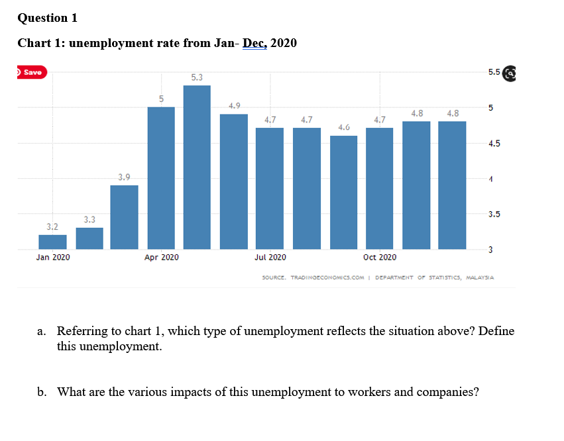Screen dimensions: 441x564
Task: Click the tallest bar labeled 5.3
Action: coord(197,167)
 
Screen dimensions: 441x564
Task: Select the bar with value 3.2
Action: coord(52,242)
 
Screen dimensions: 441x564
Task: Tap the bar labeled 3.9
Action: coord(125,217)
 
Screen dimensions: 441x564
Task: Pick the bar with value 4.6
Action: coord(343,192)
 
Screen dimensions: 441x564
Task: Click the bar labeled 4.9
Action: coord(233,181)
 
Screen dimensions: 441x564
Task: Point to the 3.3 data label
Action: coord(89,219)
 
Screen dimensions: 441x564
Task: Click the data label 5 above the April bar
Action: coord(161,99)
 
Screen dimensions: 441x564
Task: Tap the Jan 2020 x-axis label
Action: coord(53,257)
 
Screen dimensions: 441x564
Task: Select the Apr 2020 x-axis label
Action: coord(161,257)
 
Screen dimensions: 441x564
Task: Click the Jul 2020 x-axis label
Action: coord(270,257)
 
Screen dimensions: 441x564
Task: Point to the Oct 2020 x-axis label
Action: coord(380,257)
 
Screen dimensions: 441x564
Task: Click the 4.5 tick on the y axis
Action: coord(494,143)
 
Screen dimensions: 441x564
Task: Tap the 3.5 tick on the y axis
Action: coord(494,215)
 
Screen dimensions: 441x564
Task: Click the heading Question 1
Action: coord(48,18)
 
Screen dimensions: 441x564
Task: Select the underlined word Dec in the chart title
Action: coord(254,43)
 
